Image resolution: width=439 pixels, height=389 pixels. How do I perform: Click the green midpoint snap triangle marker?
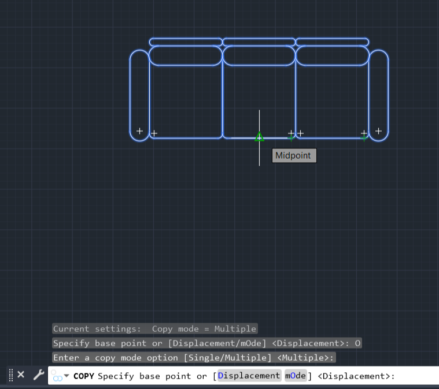tap(259, 137)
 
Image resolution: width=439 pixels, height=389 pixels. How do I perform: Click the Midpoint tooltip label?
tap(294, 155)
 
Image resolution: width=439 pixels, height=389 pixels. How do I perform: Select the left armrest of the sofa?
tap(139, 95)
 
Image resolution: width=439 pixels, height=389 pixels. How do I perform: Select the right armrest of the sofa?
tap(378, 95)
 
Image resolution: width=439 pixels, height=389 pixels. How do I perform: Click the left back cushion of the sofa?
tap(185, 55)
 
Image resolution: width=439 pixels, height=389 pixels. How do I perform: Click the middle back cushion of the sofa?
tap(259, 55)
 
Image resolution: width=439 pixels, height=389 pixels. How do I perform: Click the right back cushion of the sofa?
tap(332, 55)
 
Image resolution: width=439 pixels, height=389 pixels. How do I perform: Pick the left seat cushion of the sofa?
tap(186, 101)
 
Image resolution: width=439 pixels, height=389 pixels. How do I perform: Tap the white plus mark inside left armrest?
tap(139, 131)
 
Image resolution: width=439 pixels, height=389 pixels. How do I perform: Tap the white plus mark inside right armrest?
tap(378, 131)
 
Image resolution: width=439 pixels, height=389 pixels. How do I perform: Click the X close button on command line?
tap(21, 375)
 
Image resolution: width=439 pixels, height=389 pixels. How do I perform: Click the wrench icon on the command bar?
tap(38, 375)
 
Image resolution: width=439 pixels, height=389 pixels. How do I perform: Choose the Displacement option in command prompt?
tap(249, 376)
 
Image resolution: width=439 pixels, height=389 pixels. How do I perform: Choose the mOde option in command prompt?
tap(295, 376)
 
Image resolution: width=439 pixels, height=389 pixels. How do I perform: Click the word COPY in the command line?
tap(84, 376)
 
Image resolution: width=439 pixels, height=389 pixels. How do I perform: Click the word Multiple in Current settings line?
tap(235, 329)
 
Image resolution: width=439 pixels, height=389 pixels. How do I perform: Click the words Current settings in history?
tap(97, 329)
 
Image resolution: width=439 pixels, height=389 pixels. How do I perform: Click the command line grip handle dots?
tap(11, 375)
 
